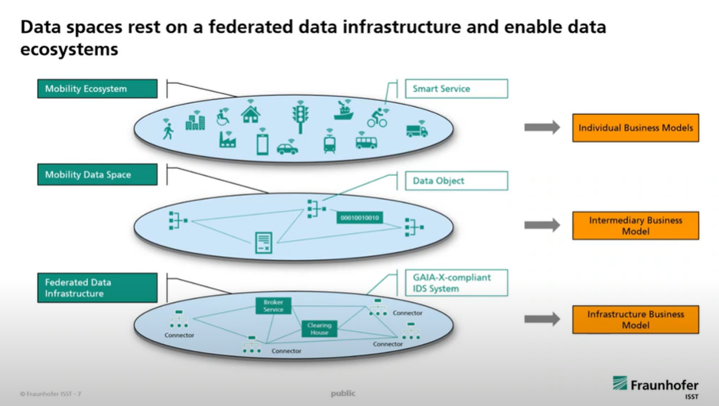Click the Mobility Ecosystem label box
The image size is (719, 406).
[x=97, y=89]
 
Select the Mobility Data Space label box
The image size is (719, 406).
[x=97, y=175]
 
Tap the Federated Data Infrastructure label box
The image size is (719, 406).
[x=97, y=287]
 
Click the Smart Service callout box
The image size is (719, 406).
[x=456, y=89]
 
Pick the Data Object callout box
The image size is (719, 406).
[x=456, y=181]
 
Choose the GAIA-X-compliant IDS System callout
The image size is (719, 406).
[x=456, y=283]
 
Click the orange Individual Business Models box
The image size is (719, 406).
[x=635, y=128]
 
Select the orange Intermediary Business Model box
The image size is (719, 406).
[x=635, y=226]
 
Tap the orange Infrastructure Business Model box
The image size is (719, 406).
[x=635, y=320]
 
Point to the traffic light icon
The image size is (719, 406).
[x=300, y=118]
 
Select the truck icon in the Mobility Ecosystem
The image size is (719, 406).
[x=416, y=130]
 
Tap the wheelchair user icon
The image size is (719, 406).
[x=223, y=116]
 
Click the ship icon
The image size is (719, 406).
[x=343, y=112]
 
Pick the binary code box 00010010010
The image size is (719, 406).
[x=359, y=218]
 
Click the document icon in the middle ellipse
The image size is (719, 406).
[x=263, y=242]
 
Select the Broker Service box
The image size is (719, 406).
[x=273, y=306]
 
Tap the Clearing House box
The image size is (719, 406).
[x=319, y=329]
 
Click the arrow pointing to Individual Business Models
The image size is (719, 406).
[x=542, y=128]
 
